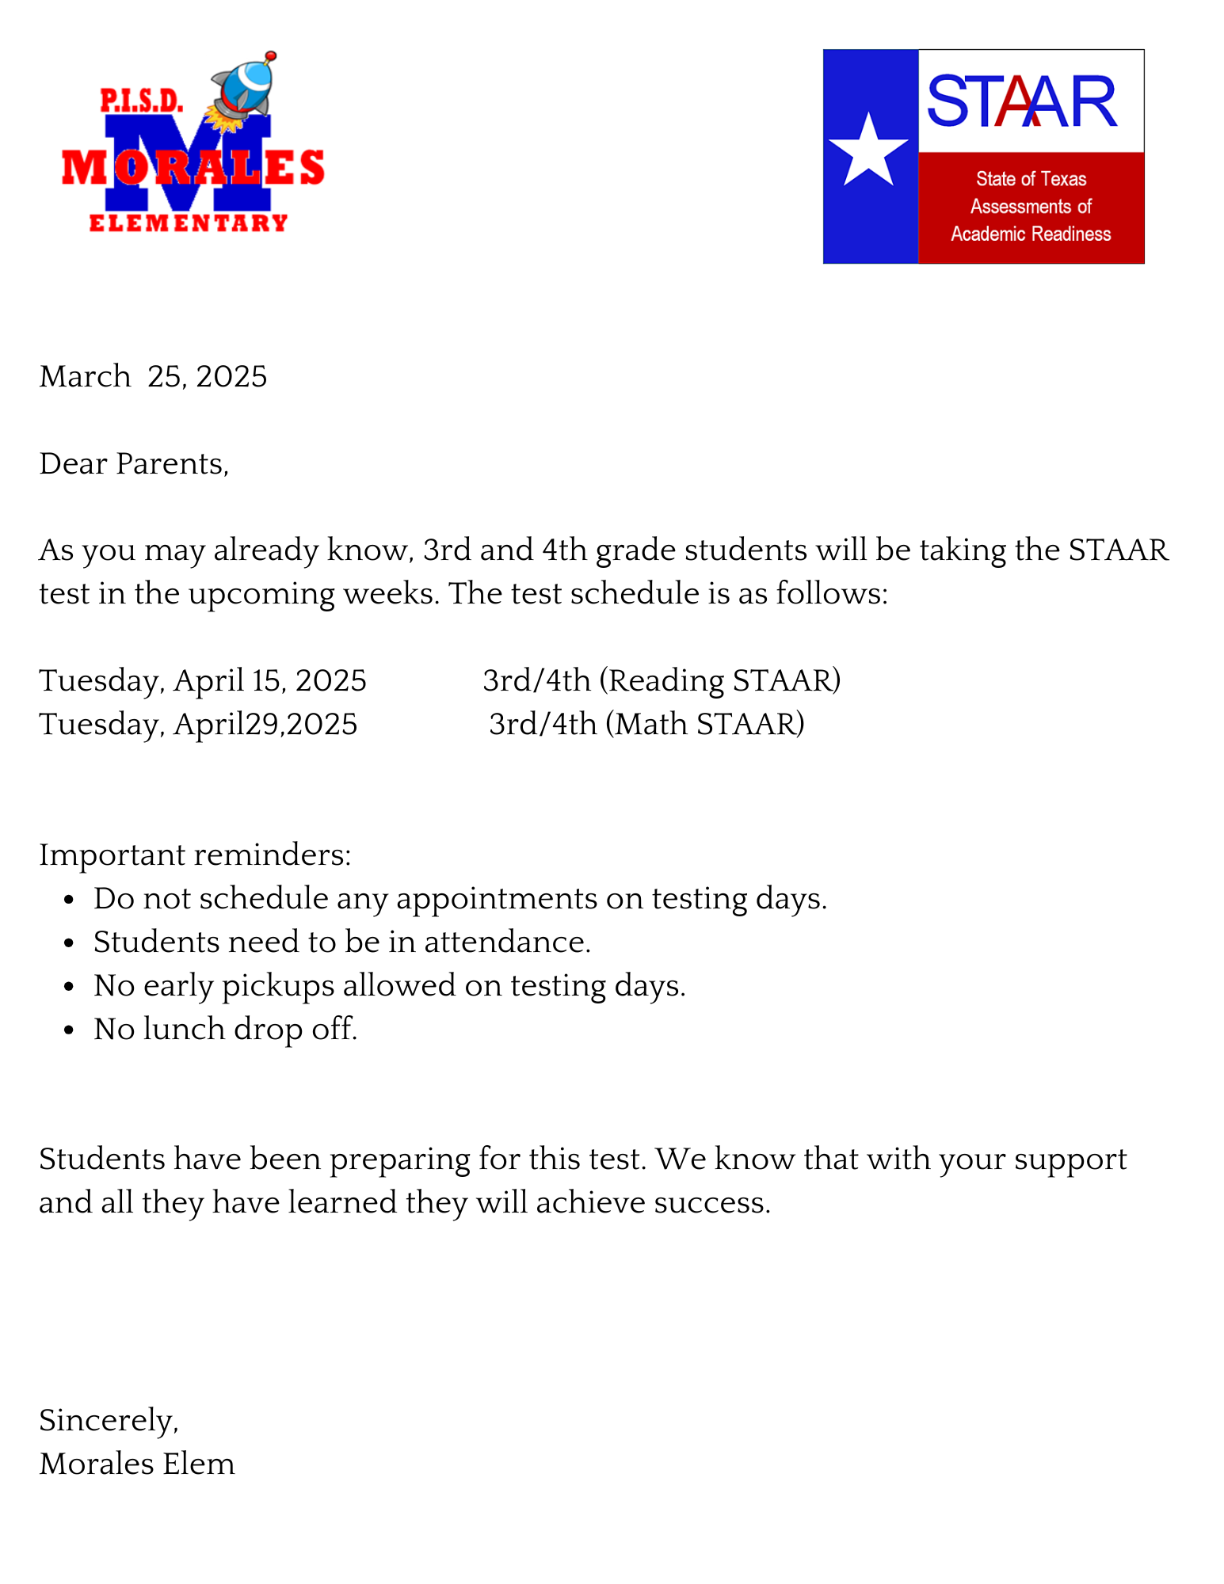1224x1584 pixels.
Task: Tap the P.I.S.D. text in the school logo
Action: [x=141, y=101]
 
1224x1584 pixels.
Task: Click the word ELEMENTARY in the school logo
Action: [x=188, y=223]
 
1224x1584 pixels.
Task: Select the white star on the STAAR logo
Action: [x=868, y=150]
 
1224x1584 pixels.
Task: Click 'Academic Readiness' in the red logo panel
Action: [x=1031, y=234]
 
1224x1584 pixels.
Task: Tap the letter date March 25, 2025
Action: [x=153, y=376]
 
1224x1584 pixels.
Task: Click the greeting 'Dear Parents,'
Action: [x=134, y=463]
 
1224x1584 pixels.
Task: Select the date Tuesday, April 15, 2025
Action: [x=203, y=680]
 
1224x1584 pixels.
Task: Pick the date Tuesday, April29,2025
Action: [x=198, y=724]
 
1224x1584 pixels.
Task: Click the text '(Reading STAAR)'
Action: [x=719, y=680]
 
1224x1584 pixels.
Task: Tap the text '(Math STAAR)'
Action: [x=705, y=724]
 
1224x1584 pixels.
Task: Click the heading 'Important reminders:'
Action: [x=195, y=855]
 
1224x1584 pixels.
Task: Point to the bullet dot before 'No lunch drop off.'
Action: [x=70, y=1030]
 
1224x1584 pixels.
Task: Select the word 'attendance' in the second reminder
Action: [x=507, y=942]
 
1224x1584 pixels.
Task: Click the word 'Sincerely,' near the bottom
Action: [x=109, y=1421]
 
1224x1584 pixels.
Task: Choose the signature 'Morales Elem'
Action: [x=137, y=1464]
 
